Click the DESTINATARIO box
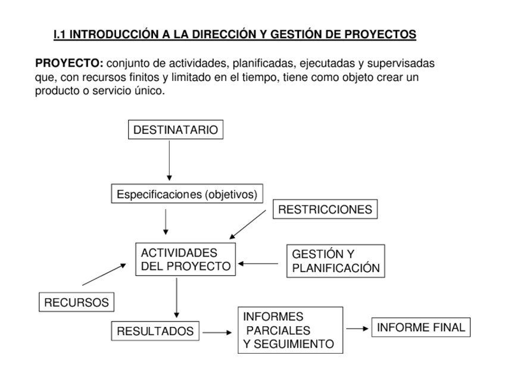tap(176, 130)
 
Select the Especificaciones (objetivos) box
tap(187, 194)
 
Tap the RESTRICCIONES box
tap(325, 209)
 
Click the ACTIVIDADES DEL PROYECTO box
tap(185, 259)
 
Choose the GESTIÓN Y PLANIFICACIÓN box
tap(335, 261)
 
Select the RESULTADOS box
tap(155, 332)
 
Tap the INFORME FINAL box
tap(420, 327)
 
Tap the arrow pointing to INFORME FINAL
tap(357, 328)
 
